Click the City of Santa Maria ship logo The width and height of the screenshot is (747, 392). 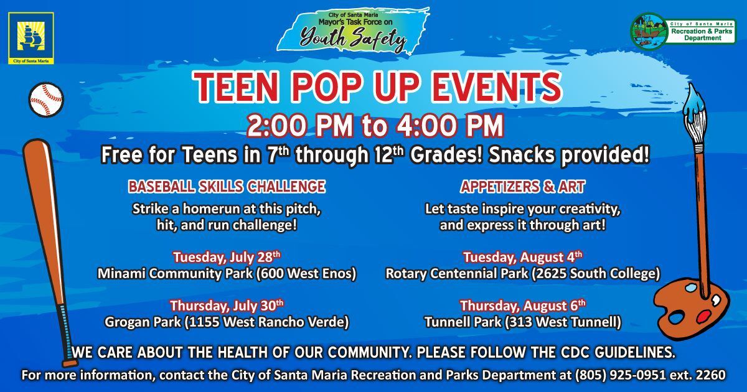click(31, 38)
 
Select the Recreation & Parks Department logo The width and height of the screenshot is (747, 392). click(682, 29)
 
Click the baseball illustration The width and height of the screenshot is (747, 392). click(46, 100)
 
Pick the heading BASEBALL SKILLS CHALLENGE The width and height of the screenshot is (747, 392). click(227, 186)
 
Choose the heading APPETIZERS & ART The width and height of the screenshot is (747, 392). click(522, 186)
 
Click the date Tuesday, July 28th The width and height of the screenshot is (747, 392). click(227, 256)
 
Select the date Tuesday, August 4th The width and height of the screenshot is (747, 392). click(522, 256)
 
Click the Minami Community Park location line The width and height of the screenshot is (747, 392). click(227, 274)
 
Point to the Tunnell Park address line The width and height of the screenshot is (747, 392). click(522, 322)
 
